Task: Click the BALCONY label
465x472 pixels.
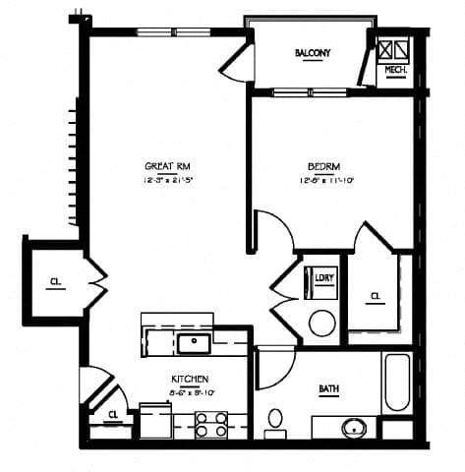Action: click(312, 53)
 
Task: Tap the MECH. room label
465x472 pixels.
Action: click(395, 70)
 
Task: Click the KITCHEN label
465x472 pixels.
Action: click(189, 379)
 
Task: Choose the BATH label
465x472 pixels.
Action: click(328, 388)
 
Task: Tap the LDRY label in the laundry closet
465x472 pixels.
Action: click(322, 277)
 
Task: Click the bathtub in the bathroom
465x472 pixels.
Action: click(397, 383)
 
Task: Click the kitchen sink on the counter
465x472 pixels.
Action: click(194, 342)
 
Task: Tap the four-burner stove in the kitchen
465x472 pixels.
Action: click(209, 425)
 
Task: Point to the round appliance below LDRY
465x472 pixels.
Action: click(322, 322)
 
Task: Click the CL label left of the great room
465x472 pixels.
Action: click(55, 282)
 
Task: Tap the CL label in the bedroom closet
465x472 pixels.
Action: click(376, 295)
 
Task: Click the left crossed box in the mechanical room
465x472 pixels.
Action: click(386, 49)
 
